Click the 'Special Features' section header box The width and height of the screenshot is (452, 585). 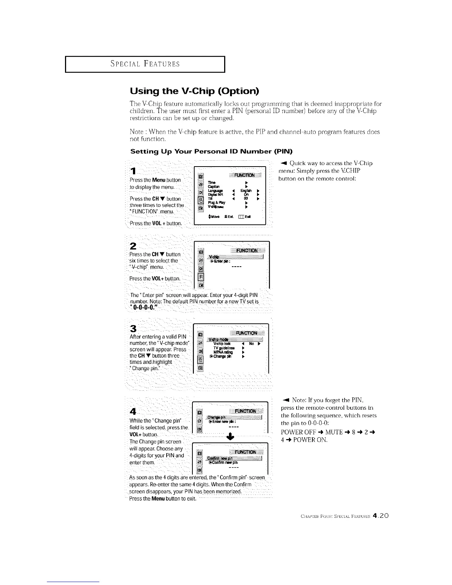coord(145,64)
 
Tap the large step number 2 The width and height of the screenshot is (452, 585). coord(133,246)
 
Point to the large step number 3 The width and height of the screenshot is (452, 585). coord(133,329)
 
